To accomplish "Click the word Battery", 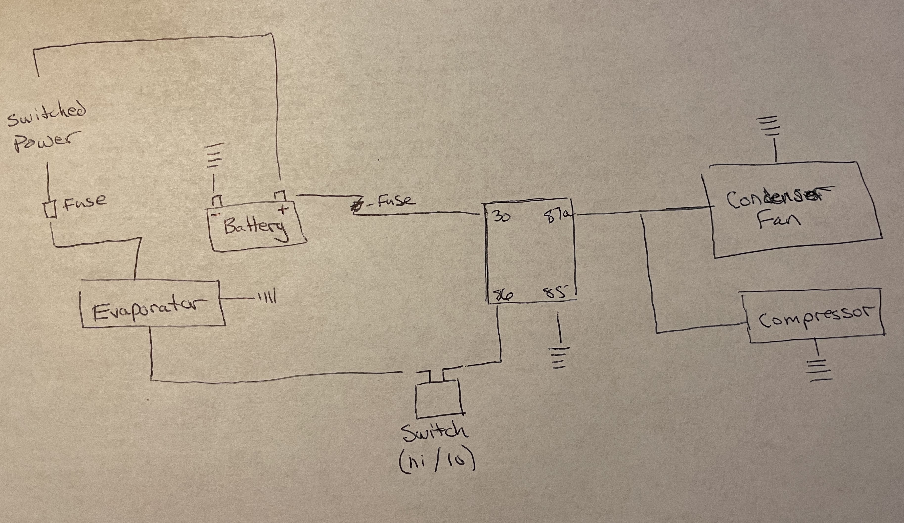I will [255, 227].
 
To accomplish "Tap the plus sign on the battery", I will [283, 209].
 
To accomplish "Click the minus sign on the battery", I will [216, 214].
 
